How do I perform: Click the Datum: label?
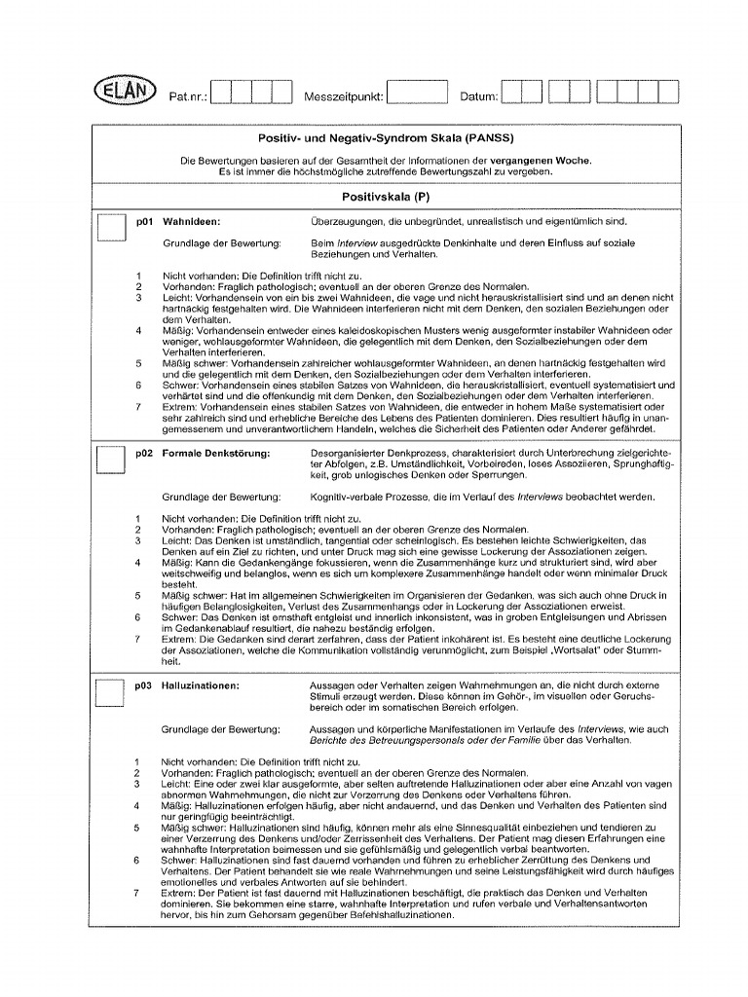click(478, 96)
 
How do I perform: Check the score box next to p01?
click(110, 229)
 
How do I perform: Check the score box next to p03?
click(110, 692)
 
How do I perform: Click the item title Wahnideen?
click(191, 221)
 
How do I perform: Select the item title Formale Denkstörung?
click(215, 453)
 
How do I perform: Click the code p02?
click(144, 453)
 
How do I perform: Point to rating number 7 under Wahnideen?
click(138, 407)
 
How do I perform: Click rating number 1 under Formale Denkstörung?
click(138, 518)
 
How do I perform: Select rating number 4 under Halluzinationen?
click(138, 805)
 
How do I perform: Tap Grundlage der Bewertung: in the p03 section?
click(221, 729)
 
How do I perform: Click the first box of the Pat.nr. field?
click(220, 92)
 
